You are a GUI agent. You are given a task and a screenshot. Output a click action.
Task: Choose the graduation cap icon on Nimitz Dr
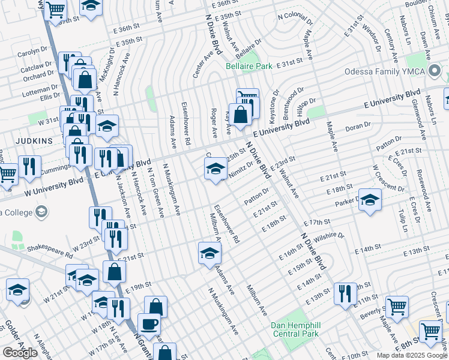(x=215, y=170)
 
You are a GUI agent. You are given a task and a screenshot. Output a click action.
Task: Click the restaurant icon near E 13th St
(x=345, y=293)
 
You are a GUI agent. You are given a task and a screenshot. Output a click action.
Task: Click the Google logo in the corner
(x=20, y=352)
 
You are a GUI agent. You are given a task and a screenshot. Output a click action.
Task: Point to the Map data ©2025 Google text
(x=412, y=355)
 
